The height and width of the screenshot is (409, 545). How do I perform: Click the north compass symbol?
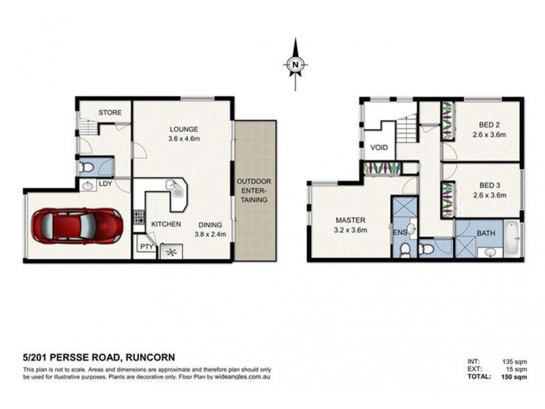click(296, 65)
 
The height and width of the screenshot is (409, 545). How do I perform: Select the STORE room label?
click(109, 112)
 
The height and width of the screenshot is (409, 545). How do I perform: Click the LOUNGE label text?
click(184, 129)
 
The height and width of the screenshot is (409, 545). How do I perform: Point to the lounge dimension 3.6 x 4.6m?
click(184, 139)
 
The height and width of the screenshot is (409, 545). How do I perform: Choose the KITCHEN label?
click(165, 224)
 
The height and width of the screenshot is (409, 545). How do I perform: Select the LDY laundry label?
click(106, 183)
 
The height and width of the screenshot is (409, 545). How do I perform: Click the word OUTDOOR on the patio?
click(254, 182)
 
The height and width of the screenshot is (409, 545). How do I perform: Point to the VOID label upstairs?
click(379, 147)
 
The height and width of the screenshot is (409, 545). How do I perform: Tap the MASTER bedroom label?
click(351, 219)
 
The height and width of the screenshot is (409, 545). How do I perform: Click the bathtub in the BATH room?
click(513, 238)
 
